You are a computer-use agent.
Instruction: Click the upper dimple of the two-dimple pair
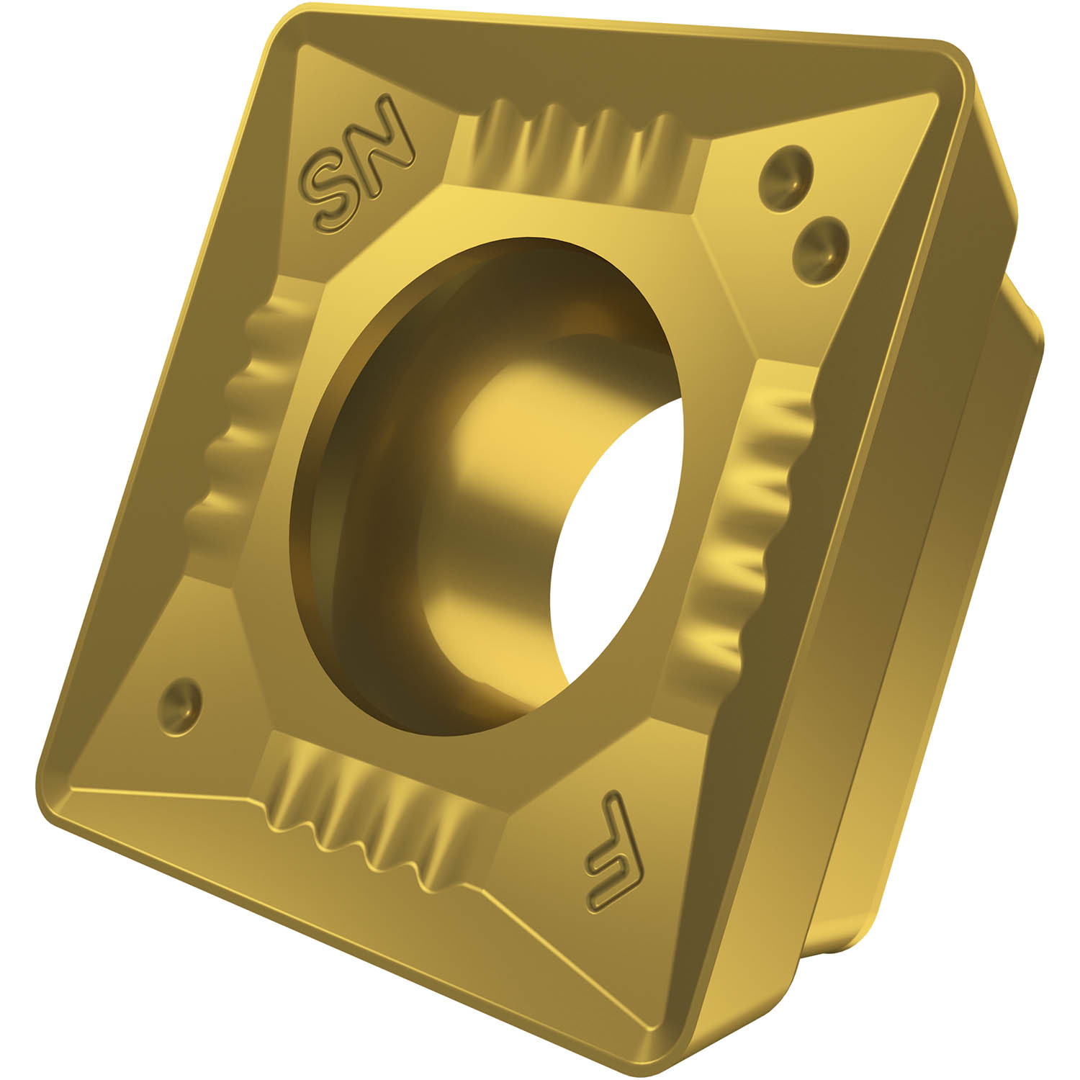786,174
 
